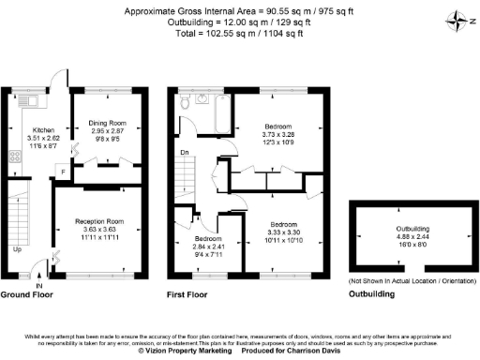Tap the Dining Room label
106,124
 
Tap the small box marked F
63,173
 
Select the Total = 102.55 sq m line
239,32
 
